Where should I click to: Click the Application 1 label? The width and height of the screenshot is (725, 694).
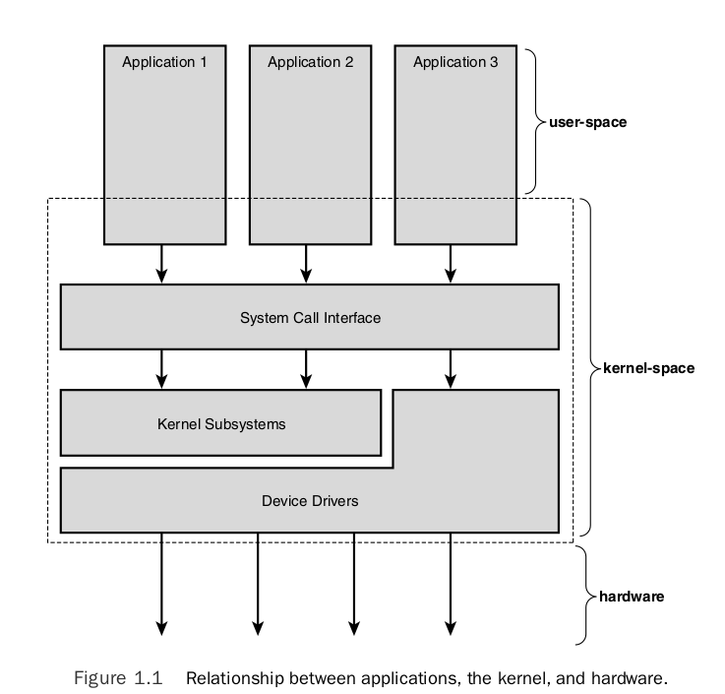164,62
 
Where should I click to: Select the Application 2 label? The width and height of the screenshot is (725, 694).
310,62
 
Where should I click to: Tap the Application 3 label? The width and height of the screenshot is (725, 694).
455,62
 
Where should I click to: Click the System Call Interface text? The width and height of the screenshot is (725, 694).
310,318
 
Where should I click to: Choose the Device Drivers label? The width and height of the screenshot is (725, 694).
310,500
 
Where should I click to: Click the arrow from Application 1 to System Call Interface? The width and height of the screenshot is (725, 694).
161,265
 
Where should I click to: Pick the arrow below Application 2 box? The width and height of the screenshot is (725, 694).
306,265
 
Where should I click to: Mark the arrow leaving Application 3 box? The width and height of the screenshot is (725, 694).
451,265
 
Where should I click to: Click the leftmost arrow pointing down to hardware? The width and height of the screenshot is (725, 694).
161,585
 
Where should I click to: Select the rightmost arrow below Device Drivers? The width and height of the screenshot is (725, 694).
451,585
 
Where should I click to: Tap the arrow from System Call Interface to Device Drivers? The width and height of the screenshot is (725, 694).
451,368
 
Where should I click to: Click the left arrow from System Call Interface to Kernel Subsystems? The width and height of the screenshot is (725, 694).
161,368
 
